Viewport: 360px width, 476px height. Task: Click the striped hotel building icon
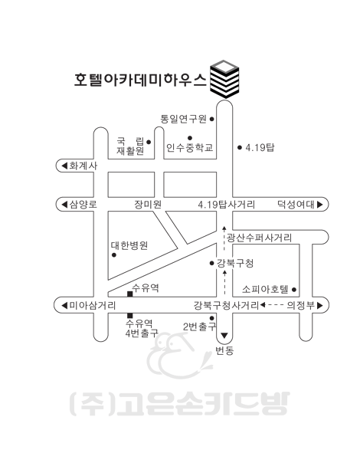point(224,79)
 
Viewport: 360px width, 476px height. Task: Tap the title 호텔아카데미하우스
point(140,80)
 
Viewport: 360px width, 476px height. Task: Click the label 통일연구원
point(184,119)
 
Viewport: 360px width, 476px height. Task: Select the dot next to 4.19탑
point(240,147)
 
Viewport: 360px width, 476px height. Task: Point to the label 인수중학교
point(189,147)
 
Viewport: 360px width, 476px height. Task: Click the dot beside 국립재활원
point(149,142)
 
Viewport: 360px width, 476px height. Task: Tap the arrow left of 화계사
point(64,166)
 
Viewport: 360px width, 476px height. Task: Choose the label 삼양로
point(83,204)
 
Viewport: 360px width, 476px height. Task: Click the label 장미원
point(148,204)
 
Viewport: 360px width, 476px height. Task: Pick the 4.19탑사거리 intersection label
point(227,204)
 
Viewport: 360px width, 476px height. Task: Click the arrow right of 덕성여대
point(319,205)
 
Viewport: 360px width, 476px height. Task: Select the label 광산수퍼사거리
point(260,238)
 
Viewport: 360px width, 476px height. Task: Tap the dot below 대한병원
point(114,255)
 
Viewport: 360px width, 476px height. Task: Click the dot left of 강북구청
point(211,263)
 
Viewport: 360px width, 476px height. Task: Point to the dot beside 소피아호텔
point(293,290)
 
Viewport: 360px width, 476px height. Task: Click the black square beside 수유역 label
point(129,294)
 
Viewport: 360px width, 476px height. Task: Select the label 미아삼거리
point(93,305)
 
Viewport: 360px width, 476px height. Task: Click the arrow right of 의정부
point(319,305)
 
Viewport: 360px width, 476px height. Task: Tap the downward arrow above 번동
point(224,336)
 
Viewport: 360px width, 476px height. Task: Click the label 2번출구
point(200,327)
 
